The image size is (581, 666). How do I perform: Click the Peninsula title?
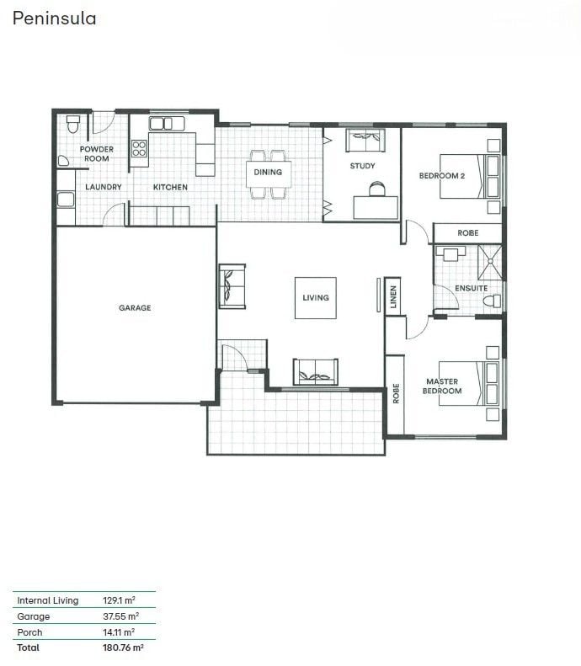tap(55, 19)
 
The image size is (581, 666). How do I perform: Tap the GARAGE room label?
tap(135, 307)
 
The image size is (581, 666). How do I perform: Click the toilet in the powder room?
tap(73, 124)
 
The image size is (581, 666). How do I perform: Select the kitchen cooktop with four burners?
tap(139, 149)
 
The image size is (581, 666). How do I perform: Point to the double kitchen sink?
tap(167, 124)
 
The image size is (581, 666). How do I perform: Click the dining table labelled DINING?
tap(269, 173)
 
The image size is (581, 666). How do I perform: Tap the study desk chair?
tap(376, 189)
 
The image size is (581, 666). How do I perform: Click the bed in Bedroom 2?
tap(469, 176)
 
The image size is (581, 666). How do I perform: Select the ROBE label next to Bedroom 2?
tap(467, 232)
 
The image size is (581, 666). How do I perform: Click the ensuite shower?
tap(490, 263)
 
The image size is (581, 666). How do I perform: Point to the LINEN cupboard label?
tap(393, 296)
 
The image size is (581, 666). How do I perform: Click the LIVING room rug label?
tap(316, 298)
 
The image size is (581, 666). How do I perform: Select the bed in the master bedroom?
tap(469, 384)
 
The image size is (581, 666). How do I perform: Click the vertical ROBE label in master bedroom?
tap(396, 393)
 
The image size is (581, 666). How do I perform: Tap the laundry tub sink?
tap(66, 200)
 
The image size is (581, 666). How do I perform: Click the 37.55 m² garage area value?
tap(120, 615)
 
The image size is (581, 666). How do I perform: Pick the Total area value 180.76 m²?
tap(123, 647)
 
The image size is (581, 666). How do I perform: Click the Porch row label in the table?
tap(29, 632)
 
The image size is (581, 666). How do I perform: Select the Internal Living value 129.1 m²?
tap(119, 600)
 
